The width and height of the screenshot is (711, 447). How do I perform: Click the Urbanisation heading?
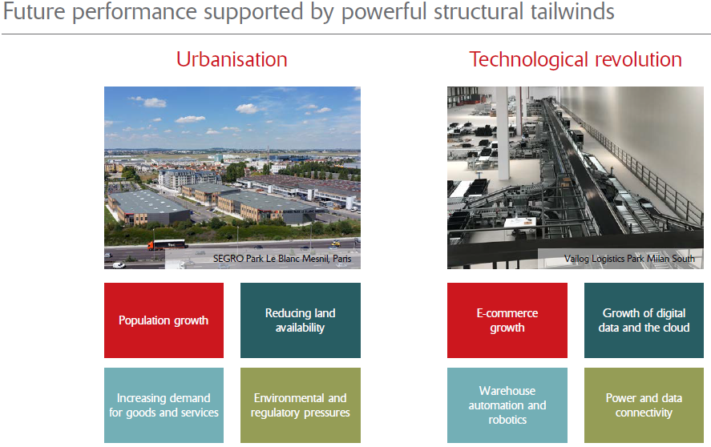[x=232, y=59]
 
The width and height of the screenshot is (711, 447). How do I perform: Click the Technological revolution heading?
[x=576, y=59]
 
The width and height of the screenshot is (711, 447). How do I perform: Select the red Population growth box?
[x=164, y=320]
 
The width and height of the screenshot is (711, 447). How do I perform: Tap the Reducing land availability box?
[x=301, y=320]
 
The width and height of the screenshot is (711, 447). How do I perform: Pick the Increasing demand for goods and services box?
[x=164, y=405]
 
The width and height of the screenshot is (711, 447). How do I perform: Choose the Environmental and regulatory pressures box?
[x=301, y=405]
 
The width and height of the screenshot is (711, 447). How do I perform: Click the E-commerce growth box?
[x=507, y=320]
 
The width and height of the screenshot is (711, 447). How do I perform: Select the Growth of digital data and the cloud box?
[x=644, y=320]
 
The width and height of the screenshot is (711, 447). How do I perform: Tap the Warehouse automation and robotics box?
[x=507, y=405]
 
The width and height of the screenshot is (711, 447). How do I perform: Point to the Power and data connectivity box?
[x=644, y=405]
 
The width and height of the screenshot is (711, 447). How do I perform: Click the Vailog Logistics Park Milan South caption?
[x=628, y=260]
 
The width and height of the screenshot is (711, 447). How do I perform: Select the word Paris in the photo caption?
[x=342, y=260]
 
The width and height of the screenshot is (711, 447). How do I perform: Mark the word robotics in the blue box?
[x=507, y=420]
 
